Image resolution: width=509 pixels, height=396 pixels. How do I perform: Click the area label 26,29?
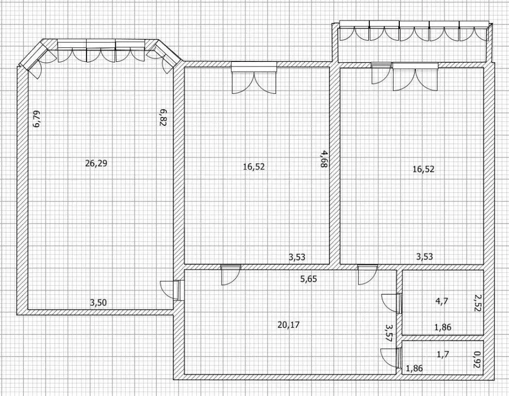pyautogui.click(x=96, y=163)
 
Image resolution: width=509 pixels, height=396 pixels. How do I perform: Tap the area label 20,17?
pyautogui.click(x=289, y=324)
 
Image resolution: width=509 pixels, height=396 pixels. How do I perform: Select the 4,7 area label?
pyautogui.click(x=442, y=301)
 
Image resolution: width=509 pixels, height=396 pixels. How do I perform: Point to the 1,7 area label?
pyautogui.click(x=443, y=354)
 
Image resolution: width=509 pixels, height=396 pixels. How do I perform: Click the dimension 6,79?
pyautogui.click(x=37, y=119)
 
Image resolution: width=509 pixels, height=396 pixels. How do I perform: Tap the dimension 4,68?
pyautogui.click(x=324, y=158)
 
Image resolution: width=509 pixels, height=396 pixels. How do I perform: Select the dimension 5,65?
pyautogui.click(x=309, y=279)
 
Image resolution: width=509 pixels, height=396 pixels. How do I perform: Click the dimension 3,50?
pyautogui.click(x=98, y=303)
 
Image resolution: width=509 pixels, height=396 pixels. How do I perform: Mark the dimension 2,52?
pyautogui.click(x=477, y=303)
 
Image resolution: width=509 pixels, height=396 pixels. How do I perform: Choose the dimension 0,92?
pyautogui.click(x=477, y=360)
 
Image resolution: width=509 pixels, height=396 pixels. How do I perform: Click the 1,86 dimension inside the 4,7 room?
pyautogui.click(x=443, y=327)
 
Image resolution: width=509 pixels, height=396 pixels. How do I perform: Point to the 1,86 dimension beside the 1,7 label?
pyautogui.click(x=415, y=368)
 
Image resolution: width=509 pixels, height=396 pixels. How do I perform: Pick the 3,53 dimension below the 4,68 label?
pyautogui.click(x=297, y=257)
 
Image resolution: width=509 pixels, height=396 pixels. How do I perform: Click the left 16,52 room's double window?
pyautogui.click(x=254, y=78)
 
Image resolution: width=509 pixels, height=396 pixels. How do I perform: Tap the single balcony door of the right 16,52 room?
pyautogui.click(x=381, y=73)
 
